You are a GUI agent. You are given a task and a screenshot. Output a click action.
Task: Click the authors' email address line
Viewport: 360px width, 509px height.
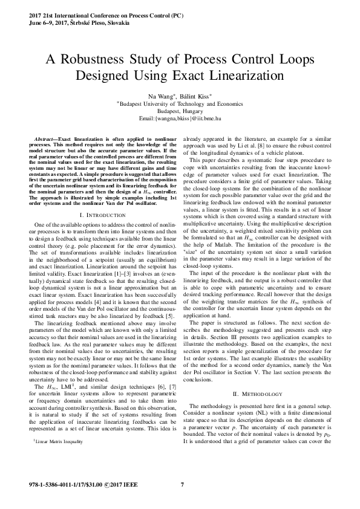[180, 120]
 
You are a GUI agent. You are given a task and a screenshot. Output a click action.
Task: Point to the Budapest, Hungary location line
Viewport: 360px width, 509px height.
[180, 112]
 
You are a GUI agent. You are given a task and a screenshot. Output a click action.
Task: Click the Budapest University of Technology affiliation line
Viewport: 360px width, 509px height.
[181, 104]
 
